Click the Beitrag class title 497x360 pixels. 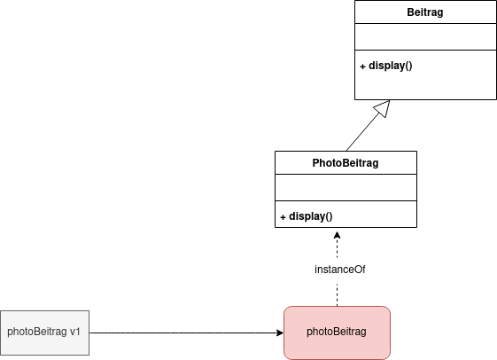(424, 12)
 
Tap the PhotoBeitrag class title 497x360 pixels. (346, 163)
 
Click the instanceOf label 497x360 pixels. (340, 270)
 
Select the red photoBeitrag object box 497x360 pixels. (337, 333)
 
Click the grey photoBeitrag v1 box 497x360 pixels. (44, 333)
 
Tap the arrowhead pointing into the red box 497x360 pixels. (280, 333)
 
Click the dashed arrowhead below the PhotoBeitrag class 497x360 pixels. (337, 235)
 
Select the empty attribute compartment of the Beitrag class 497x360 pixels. (425, 36)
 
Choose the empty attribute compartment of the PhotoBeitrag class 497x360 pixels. (346, 187)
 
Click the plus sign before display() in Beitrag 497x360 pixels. (362, 67)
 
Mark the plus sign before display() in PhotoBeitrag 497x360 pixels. (283, 217)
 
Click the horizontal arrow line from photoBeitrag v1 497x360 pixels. (186, 333)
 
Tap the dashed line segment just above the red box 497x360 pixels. (337, 295)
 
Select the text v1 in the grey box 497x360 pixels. (74, 332)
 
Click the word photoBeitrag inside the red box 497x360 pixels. (337, 332)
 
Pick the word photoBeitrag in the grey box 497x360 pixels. (37, 332)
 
